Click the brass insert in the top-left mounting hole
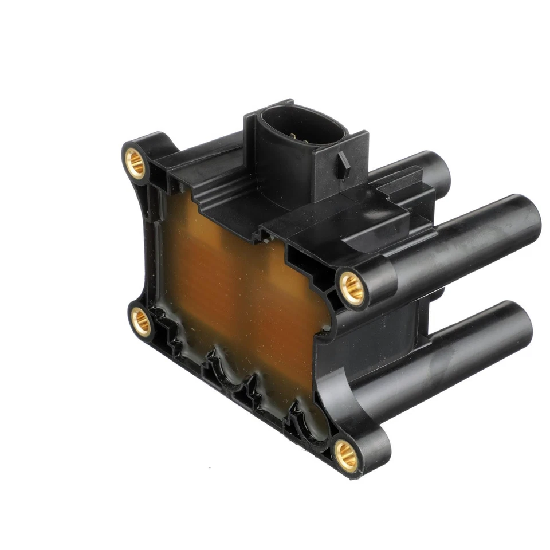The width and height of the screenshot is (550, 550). (136, 163)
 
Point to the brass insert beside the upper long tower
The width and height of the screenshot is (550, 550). (351, 288)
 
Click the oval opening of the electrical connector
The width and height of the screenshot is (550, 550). (301, 127)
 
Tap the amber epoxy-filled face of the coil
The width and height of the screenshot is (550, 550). (241, 292)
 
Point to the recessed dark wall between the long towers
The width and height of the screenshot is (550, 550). (401, 321)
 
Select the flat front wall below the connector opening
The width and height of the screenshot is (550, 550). (286, 172)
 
